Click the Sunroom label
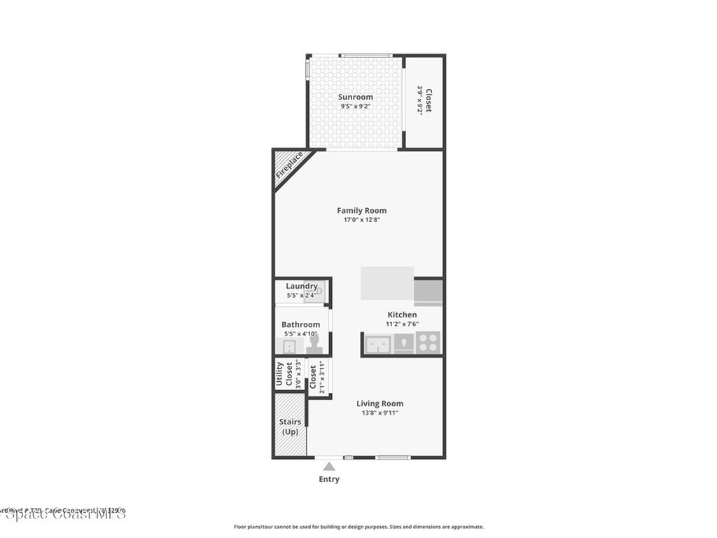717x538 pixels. pos(356,97)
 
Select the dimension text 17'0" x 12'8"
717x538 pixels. pos(361,220)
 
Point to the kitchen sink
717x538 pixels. pos(379,343)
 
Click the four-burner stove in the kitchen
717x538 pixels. pos(428,343)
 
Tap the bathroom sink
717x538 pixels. pos(289,346)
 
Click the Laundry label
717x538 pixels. pos(302,286)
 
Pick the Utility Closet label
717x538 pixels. pos(284,374)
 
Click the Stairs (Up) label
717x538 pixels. pos(290,427)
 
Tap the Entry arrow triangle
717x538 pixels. pos(329,466)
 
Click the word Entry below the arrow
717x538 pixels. pos(329,479)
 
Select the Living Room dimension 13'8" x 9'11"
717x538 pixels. pos(380,413)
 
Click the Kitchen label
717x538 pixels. pos(402,315)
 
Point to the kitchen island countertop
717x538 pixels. pos(387,283)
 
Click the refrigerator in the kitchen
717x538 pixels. pos(428,292)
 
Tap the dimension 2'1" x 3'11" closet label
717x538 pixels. pos(322,377)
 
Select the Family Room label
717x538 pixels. pos(361,210)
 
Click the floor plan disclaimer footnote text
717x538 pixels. pos(358,527)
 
